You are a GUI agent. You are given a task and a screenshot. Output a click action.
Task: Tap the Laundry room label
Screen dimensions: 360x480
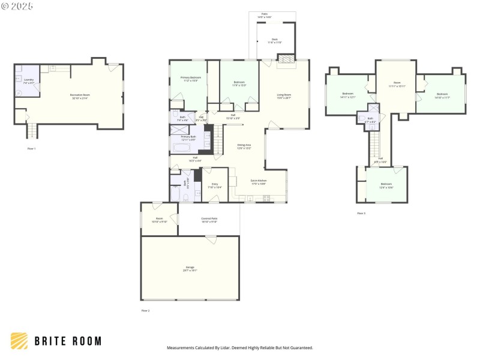click(29, 81)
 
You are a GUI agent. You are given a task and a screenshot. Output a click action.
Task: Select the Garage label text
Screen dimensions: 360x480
click(190, 269)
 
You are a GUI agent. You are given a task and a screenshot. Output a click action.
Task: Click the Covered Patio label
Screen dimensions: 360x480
click(209, 220)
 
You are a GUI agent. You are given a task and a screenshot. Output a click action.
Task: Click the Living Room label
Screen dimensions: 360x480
click(284, 96)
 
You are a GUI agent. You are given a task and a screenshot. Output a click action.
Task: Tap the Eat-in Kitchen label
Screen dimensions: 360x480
click(259, 181)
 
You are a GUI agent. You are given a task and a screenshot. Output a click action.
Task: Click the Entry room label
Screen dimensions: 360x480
click(215, 185)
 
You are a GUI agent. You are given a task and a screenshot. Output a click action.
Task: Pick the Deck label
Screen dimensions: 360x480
click(274, 41)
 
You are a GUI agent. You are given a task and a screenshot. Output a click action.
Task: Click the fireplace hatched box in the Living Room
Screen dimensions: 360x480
click(286, 59)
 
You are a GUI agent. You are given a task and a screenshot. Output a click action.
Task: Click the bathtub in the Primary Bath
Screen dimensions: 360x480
click(184, 146)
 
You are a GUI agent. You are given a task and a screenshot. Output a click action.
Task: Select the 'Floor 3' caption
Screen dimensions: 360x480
click(361, 213)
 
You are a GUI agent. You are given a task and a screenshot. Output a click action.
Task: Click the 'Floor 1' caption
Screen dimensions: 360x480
click(32, 148)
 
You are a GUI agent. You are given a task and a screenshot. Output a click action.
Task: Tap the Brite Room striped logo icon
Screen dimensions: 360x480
click(19, 341)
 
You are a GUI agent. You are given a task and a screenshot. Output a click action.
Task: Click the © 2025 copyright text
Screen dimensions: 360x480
click(17, 6)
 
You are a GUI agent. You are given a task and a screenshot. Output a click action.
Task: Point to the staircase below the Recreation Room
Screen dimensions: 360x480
click(31, 130)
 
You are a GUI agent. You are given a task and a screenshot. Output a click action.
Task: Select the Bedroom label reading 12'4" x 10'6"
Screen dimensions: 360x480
click(386, 185)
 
